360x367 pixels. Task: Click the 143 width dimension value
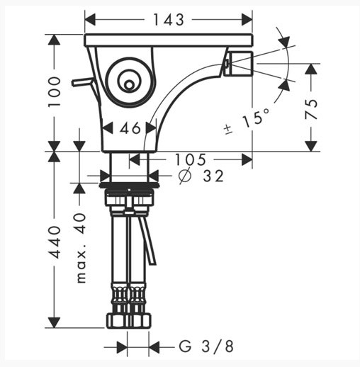tap(169, 20)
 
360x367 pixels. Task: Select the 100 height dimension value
tap(55, 91)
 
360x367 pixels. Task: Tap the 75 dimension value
tap(311, 109)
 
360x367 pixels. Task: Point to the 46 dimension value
tap(130, 128)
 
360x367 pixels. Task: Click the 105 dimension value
tap(190, 159)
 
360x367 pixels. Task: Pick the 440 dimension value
tap(55, 242)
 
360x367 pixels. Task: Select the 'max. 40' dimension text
tap(81, 248)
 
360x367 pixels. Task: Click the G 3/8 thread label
tap(206, 346)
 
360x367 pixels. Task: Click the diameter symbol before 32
tap(184, 176)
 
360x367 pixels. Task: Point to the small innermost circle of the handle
tap(129, 85)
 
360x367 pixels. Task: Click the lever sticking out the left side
tap(81, 81)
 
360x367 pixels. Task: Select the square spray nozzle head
tap(238, 64)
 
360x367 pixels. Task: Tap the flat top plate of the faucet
tap(169, 40)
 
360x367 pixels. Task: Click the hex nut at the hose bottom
tap(129, 321)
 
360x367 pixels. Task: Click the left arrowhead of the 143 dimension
tap(90, 20)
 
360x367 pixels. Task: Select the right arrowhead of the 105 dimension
tap(247, 160)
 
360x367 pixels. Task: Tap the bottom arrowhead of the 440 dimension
tap(55, 322)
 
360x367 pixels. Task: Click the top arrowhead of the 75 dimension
tap(311, 69)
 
